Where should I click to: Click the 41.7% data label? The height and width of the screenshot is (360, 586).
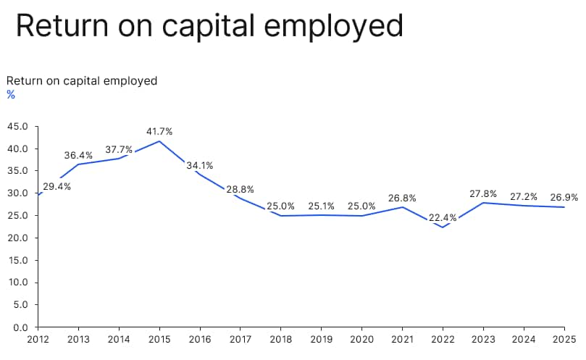(x=159, y=131)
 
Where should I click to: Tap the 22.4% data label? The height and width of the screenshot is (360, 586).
(x=443, y=217)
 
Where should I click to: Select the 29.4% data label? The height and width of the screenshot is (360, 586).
(x=56, y=186)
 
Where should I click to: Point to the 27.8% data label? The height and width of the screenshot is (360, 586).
(x=483, y=193)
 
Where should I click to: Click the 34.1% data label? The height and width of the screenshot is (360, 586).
(x=200, y=165)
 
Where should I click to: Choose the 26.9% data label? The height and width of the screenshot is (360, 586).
(x=564, y=197)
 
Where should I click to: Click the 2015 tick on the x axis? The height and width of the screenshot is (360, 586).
(x=159, y=338)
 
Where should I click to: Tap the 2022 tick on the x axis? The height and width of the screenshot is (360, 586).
(x=443, y=338)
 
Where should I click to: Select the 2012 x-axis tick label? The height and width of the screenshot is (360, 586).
(x=38, y=338)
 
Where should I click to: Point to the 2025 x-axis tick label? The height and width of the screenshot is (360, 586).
(x=565, y=338)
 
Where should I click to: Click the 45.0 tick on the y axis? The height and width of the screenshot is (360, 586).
(x=17, y=127)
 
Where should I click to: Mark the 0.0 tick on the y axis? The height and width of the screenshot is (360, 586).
(x=20, y=327)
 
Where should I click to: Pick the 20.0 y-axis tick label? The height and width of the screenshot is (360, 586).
(x=17, y=238)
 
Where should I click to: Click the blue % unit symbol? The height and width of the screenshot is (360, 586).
(x=11, y=95)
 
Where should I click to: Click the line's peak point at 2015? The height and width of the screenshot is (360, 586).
(x=159, y=141)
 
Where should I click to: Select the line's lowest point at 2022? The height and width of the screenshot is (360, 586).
(x=443, y=227)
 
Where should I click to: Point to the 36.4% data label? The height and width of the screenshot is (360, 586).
(x=78, y=155)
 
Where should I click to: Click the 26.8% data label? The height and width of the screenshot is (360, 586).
(x=402, y=198)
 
